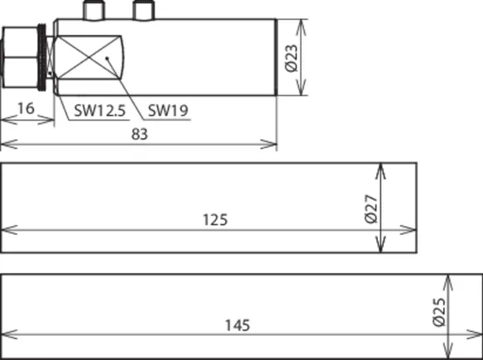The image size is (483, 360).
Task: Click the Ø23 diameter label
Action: pyautogui.click(x=291, y=58)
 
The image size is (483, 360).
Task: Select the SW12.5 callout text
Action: pyautogui.click(x=100, y=110)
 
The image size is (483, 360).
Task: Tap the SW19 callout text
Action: pyautogui.click(x=168, y=110)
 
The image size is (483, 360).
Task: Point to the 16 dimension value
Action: pyautogui.click(x=26, y=108)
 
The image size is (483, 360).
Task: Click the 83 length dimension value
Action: pyautogui.click(x=140, y=134)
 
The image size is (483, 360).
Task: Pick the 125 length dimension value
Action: pyautogui.click(x=215, y=220)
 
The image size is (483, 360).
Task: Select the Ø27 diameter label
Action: pyautogui.click(x=371, y=209)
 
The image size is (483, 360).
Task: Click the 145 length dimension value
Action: pyautogui.click(x=237, y=325)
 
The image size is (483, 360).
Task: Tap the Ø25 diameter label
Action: pyautogui.click(x=439, y=312)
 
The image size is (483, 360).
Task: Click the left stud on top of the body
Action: pyautogui.click(x=94, y=11)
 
